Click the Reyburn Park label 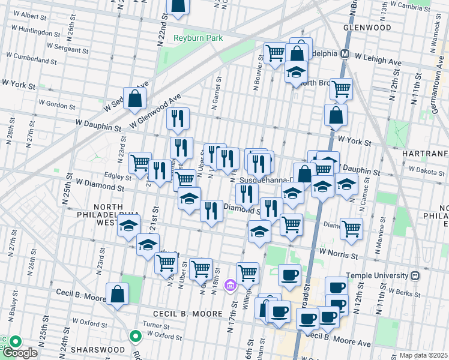click(198, 38)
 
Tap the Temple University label click(380, 275)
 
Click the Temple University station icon click(415, 275)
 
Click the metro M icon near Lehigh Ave click(345, 53)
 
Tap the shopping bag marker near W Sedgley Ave click(135, 99)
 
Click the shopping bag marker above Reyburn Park click(178, 5)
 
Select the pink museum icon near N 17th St click(230, 286)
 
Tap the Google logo click(19, 352)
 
